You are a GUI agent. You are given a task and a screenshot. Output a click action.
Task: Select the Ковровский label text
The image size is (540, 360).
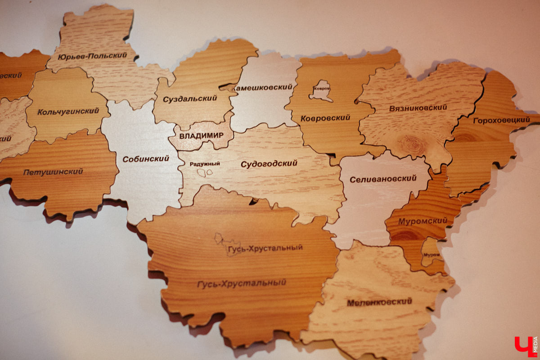pyautogui.click(x=325, y=118)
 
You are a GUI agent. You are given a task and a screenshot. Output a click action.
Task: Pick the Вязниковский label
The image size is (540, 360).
pyautogui.click(x=418, y=108)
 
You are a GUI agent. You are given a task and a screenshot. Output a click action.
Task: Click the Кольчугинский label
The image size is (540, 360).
pyautogui.click(x=68, y=111)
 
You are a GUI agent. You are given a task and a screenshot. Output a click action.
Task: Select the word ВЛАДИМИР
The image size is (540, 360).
pyautogui.click(x=201, y=135)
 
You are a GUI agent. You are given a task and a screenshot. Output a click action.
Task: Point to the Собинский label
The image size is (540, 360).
pyautogui.click(x=146, y=158)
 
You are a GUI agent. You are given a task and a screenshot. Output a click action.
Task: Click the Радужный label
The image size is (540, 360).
pyautogui.click(x=205, y=164)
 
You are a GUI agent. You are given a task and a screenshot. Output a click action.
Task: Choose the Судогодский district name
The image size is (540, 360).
pyautogui.click(x=269, y=163)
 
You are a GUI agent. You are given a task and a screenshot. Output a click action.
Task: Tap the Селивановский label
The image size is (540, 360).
pyautogui.click(x=383, y=179)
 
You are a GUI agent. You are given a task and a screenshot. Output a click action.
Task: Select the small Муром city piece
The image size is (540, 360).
pyautogui.click(x=431, y=254)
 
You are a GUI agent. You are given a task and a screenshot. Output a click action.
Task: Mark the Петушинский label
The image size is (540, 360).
pyautogui.click(x=53, y=171)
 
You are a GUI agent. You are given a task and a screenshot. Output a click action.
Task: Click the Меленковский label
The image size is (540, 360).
pyautogui.click(x=379, y=302)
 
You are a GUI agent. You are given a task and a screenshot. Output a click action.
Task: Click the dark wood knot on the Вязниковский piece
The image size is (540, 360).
pyautogui.click(x=412, y=145)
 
